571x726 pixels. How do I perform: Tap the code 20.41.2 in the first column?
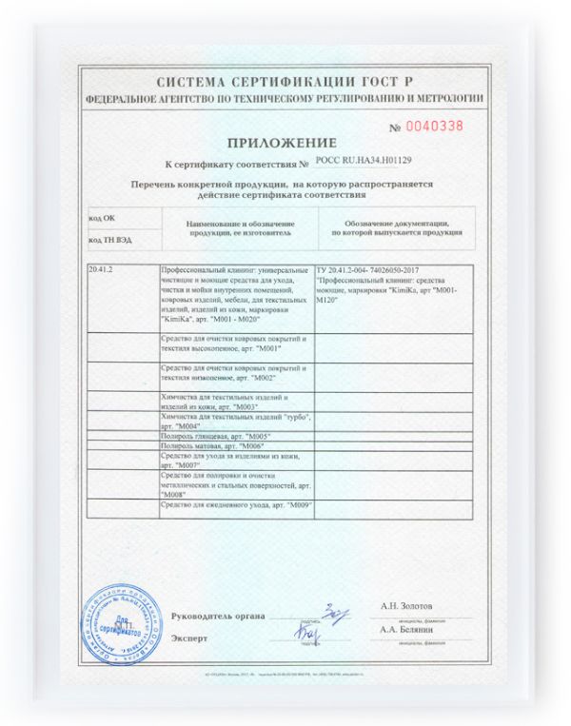[x=100, y=270]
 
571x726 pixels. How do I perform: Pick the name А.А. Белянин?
[x=406, y=630]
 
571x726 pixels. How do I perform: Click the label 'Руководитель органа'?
[x=215, y=615]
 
